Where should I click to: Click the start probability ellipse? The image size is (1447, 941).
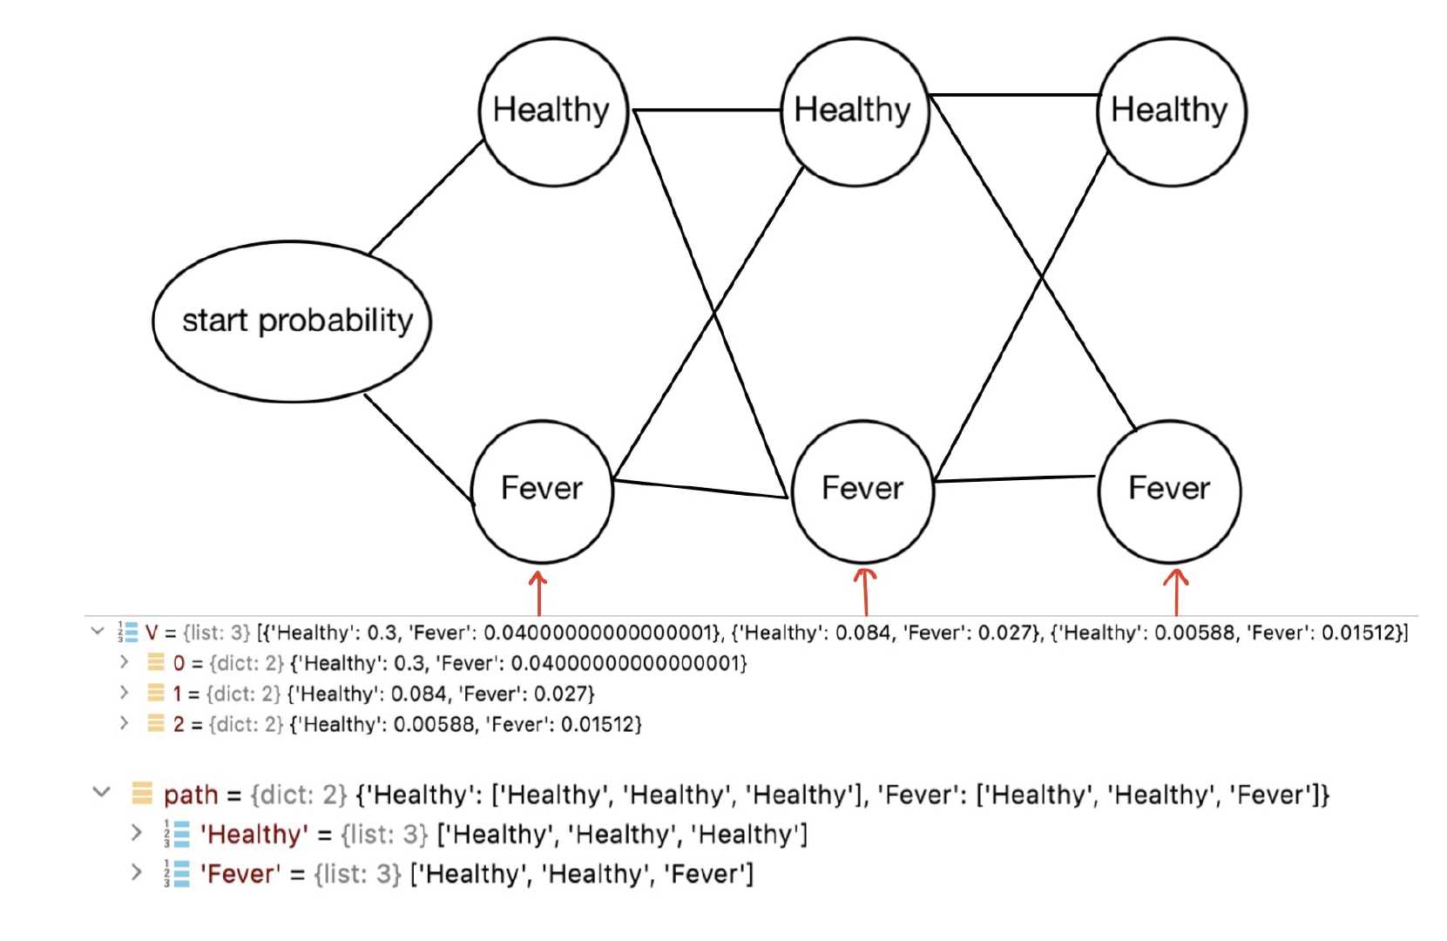[x=292, y=321]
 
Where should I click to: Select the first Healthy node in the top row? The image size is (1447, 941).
[x=553, y=111]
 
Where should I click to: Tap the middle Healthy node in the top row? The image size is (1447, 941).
[x=855, y=111]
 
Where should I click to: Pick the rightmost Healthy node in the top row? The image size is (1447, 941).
[x=1171, y=111]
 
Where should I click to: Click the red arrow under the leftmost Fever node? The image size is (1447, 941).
[x=538, y=592]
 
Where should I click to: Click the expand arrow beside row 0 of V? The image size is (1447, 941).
[x=125, y=663]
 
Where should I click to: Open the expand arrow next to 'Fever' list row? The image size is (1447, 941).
[x=136, y=873]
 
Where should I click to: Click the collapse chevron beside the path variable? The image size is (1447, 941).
[x=102, y=793]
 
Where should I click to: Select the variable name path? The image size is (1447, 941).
[x=191, y=795]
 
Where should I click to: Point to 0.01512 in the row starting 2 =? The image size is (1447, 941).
[x=600, y=725]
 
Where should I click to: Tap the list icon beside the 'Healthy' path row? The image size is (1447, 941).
[x=178, y=835]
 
